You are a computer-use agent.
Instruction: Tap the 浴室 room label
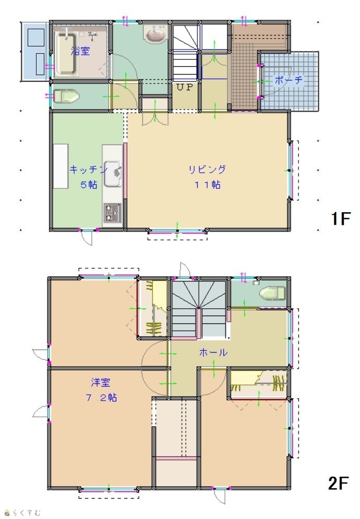[x=80, y=51]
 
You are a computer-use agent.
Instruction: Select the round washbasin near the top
[x=155, y=35]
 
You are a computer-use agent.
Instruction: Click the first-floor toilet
[x=67, y=96]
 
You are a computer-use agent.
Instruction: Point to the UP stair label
[x=184, y=88]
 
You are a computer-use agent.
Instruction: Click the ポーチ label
[x=289, y=80]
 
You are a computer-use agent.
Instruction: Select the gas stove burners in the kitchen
[x=113, y=212]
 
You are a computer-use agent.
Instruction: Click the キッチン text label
[x=88, y=170]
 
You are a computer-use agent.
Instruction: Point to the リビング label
[x=207, y=170]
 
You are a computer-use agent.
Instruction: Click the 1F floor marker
[x=341, y=219]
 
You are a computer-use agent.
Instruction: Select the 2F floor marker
[x=338, y=483]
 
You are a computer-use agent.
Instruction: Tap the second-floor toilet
[x=272, y=293]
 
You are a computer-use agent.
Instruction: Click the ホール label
[x=213, y=352]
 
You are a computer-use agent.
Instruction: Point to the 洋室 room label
[x=101, y=382]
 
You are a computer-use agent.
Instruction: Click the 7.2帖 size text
[x=101, y=397]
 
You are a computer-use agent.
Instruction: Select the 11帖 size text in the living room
[x=207, y=185]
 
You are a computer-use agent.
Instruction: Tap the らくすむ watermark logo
[x=22, y=513]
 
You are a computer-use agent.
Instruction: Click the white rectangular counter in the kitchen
[x=61, y=166]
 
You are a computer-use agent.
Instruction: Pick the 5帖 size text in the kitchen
[x=89, y=185]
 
